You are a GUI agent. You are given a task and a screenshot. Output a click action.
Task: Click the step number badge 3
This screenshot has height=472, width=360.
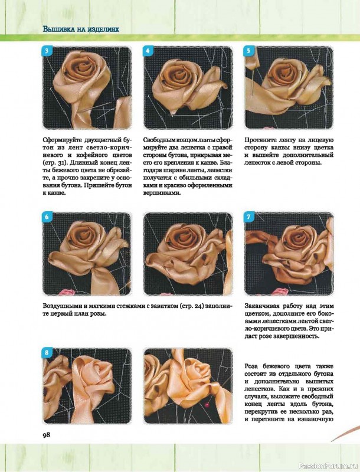47,51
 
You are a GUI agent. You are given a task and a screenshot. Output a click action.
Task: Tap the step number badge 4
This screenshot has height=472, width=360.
148,51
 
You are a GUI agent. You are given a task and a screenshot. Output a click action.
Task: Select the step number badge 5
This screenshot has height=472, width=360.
248,51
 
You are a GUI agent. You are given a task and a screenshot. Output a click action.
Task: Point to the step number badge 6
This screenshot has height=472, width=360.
47,217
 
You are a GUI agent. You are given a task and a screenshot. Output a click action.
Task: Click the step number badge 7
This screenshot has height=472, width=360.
248,217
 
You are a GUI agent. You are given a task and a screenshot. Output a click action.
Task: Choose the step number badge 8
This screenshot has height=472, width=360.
47,352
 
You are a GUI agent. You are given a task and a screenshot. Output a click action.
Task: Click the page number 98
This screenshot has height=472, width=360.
47,435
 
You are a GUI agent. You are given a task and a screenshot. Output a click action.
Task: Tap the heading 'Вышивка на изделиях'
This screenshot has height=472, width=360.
81,29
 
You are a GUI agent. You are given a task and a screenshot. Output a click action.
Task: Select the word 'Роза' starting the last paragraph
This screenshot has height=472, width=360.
251,366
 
